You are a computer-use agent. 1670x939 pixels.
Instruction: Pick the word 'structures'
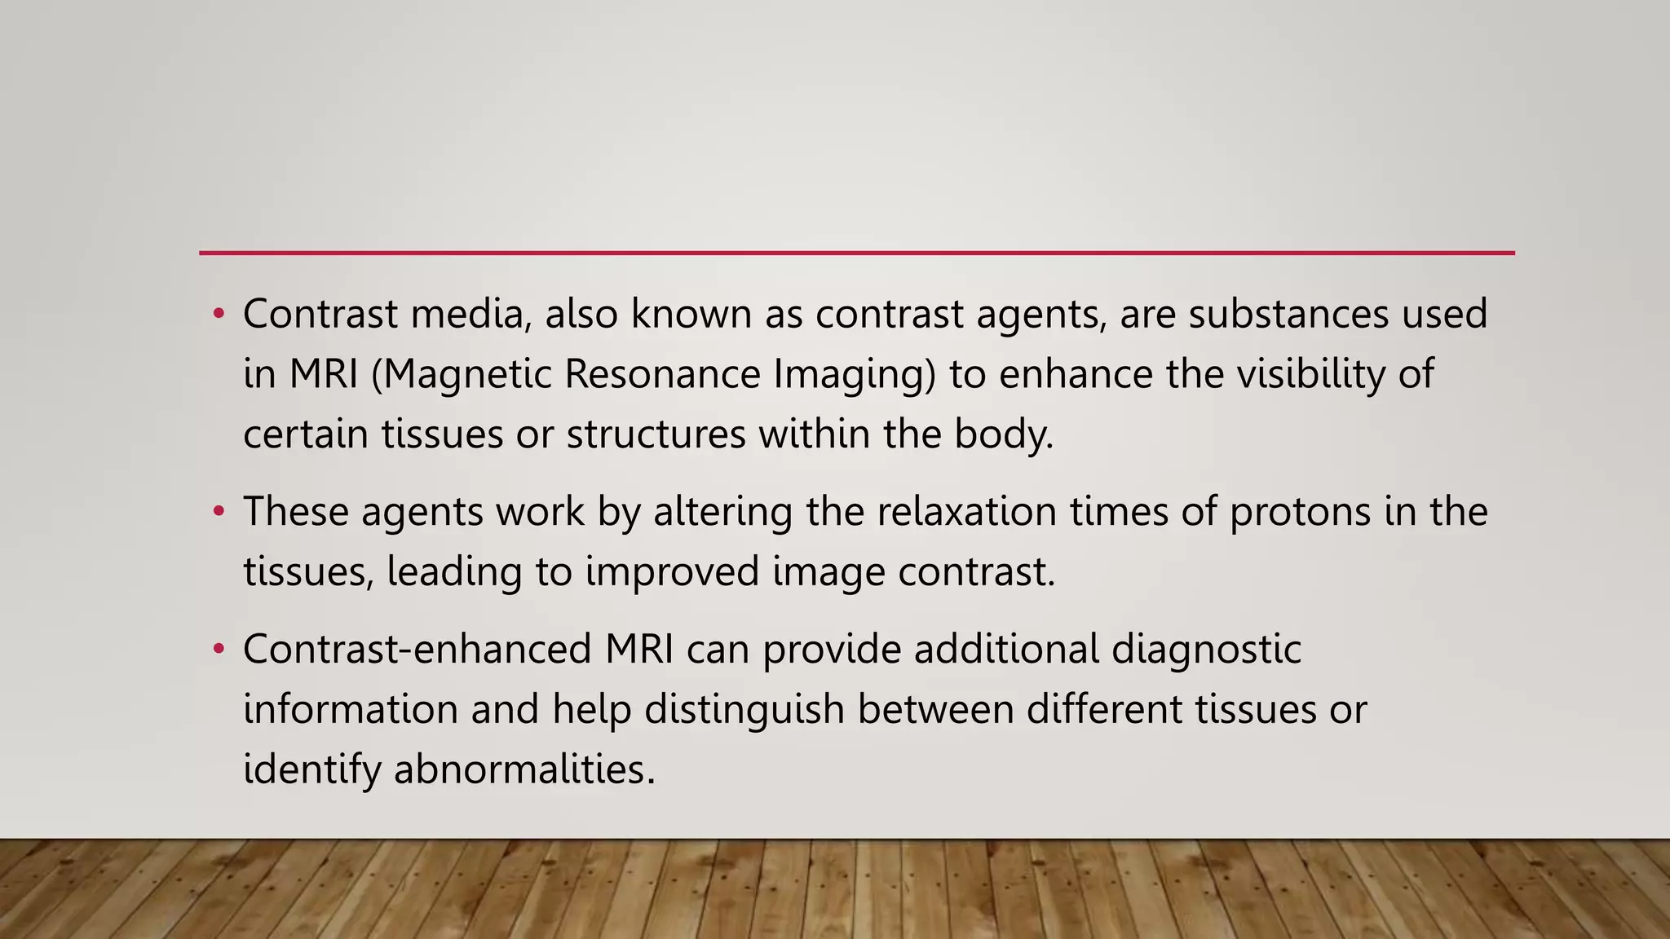[x=656, y=434]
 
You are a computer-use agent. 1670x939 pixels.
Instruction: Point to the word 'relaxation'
[x=931, y=512]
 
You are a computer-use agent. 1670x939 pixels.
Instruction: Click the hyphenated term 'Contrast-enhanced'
[x=417, y=650]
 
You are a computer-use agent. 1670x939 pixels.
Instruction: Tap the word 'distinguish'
[x=744, y=710]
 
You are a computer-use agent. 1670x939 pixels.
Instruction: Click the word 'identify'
[x=311, y=769]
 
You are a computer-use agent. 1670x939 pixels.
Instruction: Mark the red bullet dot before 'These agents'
[x=218, y=513]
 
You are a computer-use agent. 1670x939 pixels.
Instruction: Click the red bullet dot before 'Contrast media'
[x=218, y=315]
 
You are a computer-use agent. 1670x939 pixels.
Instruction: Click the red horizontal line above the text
[x=856, y=253]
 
